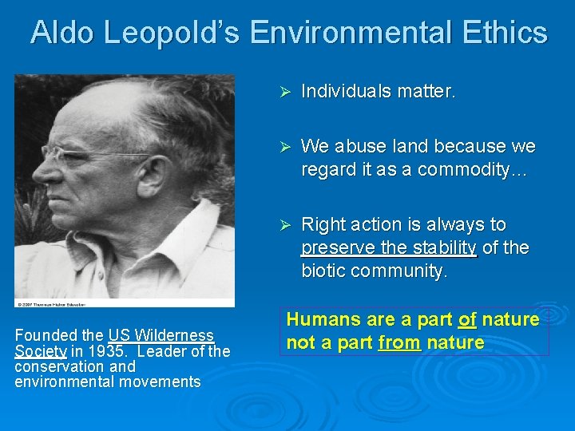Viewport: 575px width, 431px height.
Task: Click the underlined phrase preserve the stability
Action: pos(388,248)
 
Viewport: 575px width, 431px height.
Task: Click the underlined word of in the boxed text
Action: pos(467,320)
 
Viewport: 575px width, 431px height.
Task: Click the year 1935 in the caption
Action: pos(105,351)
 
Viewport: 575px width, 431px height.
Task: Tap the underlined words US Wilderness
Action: pos(161,335)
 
